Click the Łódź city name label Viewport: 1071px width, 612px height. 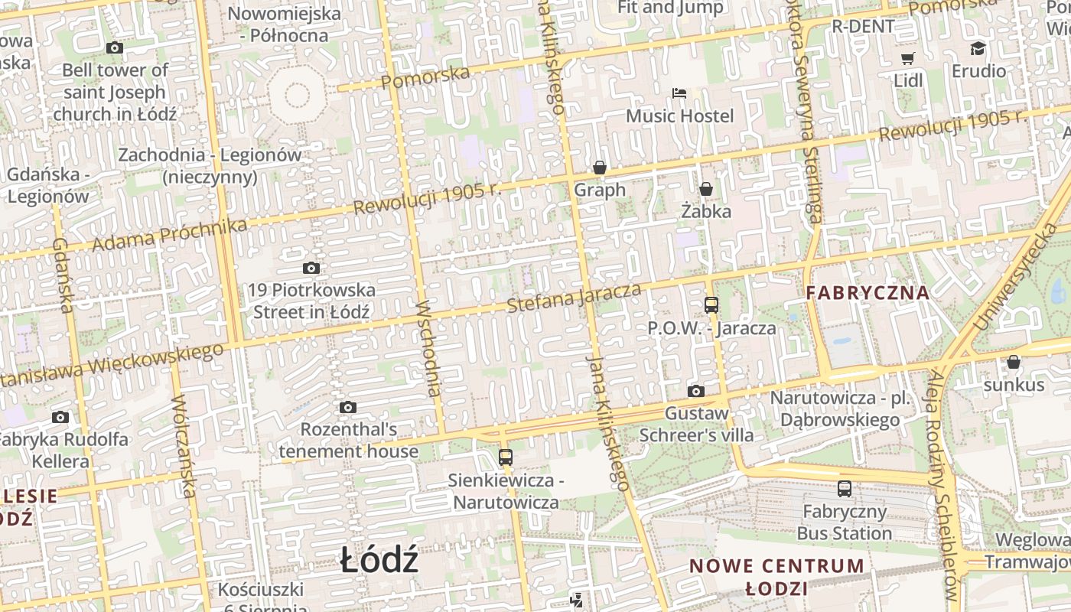tap(379, 561)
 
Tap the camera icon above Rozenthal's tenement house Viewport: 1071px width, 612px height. tap(348, 407)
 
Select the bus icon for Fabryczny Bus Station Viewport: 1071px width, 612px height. tap(845, 489)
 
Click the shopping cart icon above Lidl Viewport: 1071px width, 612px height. tap(908, 58)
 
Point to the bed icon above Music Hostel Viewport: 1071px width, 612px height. tap(679, 94)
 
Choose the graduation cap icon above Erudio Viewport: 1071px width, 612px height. tap(978, 49)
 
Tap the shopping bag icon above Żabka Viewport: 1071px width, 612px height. tap(706, 189)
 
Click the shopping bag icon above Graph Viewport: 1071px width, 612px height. tap(600, 168)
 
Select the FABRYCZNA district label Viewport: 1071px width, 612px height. tap(868, 292)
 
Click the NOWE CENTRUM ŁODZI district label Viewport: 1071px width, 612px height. tap(776, 577)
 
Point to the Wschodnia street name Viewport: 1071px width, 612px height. tap(429, 348)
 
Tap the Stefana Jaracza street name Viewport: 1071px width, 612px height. tap(574, 297)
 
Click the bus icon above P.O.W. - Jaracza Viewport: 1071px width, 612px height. tap(711, 305)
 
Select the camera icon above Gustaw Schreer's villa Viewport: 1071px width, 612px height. tap(696, 392)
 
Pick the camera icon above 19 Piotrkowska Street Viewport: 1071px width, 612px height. tap(311, 268)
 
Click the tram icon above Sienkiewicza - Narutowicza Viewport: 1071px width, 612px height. tap(505, 457)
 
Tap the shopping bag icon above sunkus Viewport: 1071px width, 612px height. tap(1014, 362)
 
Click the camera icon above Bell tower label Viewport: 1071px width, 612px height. tap(115, 48)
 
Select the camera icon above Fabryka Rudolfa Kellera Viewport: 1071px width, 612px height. tap(60, 417)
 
